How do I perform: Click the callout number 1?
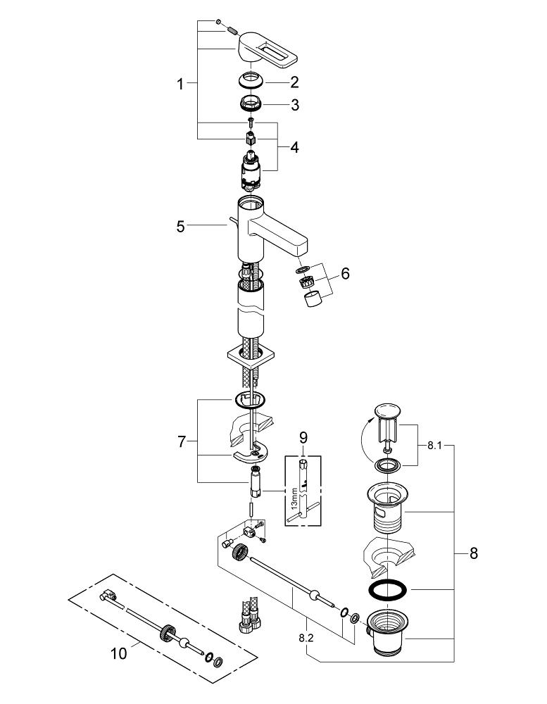pos(180,84)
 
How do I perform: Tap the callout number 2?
pos(294,82)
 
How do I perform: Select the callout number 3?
pos(294,105)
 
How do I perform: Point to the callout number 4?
pos(294,147)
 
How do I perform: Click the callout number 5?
pos(180,227)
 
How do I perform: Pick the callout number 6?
pos(345,273)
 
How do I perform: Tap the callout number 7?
pos(181,442)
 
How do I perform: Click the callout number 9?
pos(303,437)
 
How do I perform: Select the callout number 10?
pos(119,654)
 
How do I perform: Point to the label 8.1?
pos(434,446)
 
